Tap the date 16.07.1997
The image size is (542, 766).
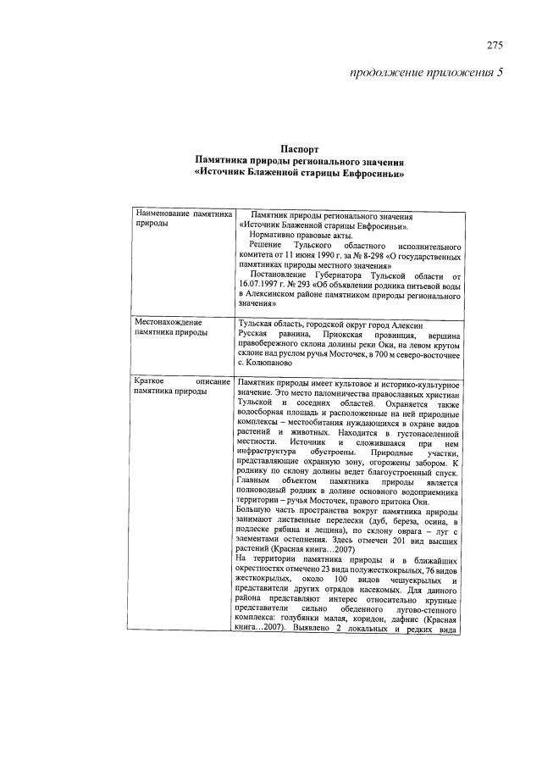click(x=261, y=286)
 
